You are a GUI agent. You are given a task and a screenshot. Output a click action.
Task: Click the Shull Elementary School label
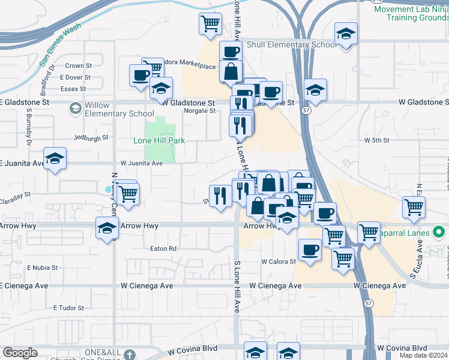pyautogui.click(x=291, y=44)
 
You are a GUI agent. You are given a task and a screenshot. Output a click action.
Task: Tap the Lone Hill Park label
pyautogui.click(x=158, y=140)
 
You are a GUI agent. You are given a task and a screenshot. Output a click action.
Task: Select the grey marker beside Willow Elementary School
pyautogui.click(x=75, y=109)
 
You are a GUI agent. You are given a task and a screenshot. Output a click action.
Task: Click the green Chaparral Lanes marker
pyautogui.click(x=439, y=232)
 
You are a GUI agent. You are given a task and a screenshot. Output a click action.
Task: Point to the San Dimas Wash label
pyautogui.click(x=60, y=44)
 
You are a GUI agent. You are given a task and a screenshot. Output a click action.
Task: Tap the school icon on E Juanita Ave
pyautogui.click(x=55, y=159)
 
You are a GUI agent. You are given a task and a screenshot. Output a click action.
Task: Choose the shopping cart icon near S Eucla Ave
pyautogui.click(x=414, y=208)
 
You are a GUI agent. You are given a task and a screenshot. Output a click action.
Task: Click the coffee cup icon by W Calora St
pyautogui.click(x=310, y=250)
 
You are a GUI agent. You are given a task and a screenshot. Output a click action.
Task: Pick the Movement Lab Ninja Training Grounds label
pyautogui.click(x=411, y=13)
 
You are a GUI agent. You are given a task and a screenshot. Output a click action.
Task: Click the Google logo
pyautogui.click(x=20, y=353)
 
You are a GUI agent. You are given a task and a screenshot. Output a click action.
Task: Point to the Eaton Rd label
pyautogui.click(x=163, y=248)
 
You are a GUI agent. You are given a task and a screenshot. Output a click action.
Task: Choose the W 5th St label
pyautogui.click(x=377, y=140)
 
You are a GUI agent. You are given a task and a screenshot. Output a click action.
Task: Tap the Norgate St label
pyautogui.click(x=199, y=111)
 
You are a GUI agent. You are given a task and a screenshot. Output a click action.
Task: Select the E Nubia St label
pyautogui.click(x=41, y=267)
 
